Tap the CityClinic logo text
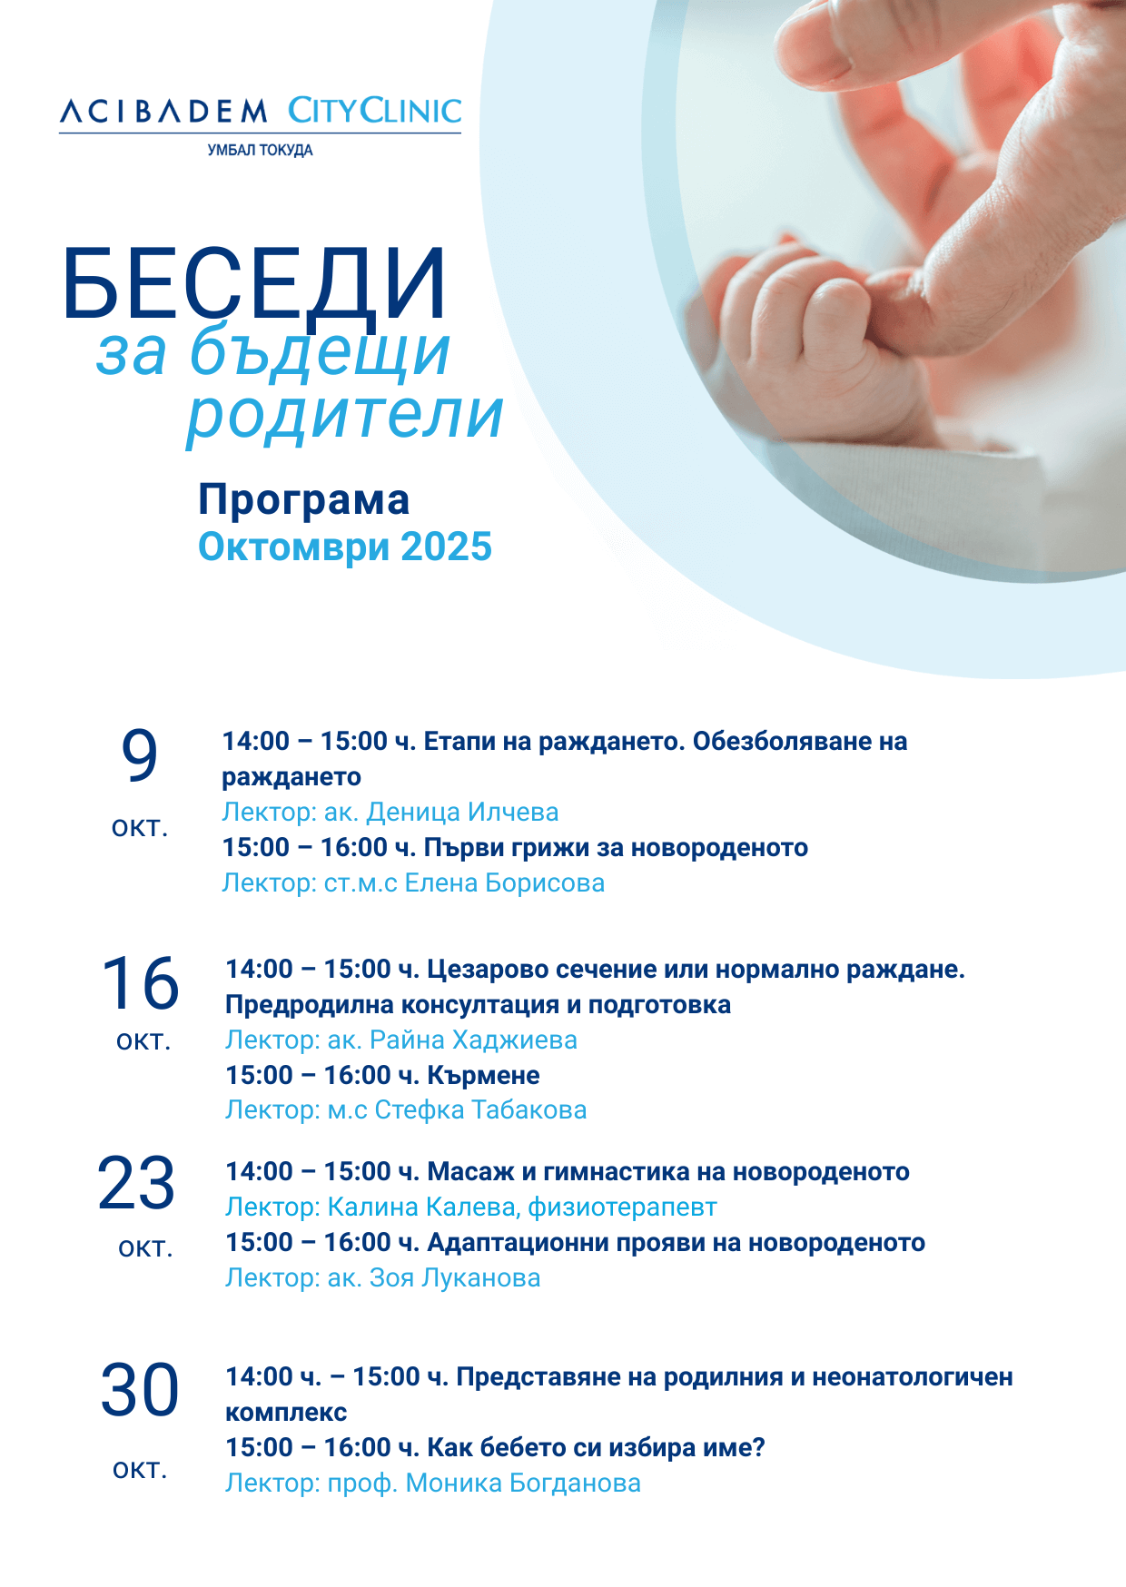(374, 111)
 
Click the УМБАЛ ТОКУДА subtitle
(261, 151)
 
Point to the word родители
(344, 415)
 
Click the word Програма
(304, 500)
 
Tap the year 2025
(446, 547)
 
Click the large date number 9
(140, 755)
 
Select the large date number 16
(140, 983)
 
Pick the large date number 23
(136, 1184)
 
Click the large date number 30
(140, 1390)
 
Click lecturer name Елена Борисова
(504, 883)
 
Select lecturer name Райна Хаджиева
(474, 1040)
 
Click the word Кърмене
(483, 1076)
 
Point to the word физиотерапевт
(622, 1207)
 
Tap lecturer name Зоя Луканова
(455, 1278)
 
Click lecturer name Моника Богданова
(523, 1483)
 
